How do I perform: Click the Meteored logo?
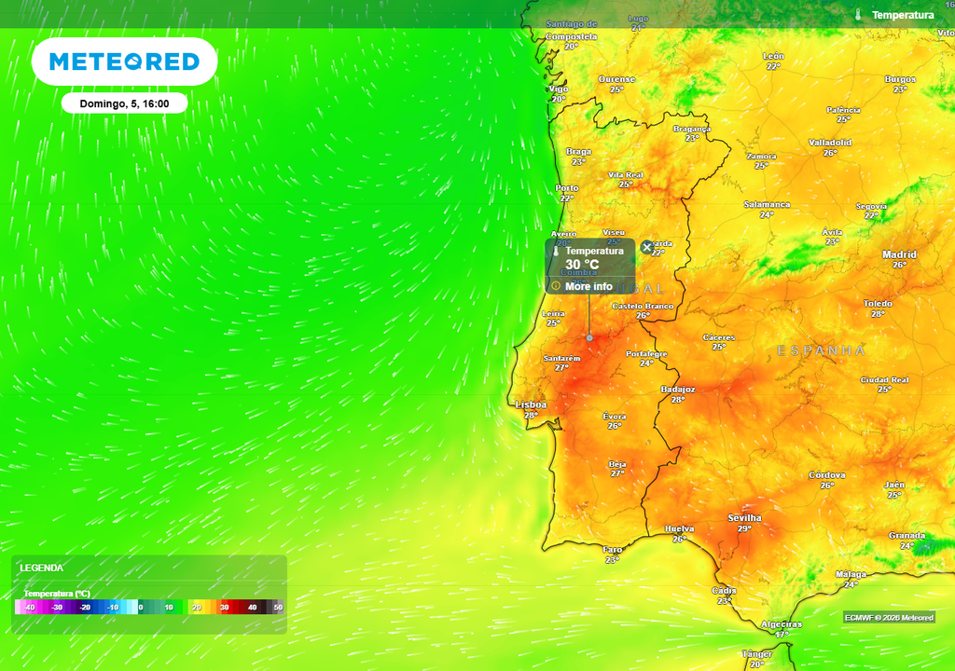(124, 62)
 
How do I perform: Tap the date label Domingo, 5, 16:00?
(124, 103)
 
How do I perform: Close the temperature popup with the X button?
(647, 247)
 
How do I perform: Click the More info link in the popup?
(588, 286)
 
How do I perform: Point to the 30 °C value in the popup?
(582, 265)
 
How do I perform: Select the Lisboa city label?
(531, 404)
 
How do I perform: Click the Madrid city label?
(899, 254)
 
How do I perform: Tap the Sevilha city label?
(744, 517)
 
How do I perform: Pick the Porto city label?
(567, 187)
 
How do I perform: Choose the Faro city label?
(613, 549)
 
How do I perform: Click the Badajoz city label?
(678, 389)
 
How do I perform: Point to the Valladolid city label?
(830, 143)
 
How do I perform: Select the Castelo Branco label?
(643, 306)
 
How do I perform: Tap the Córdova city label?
(826, 474)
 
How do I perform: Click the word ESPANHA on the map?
(822, 350)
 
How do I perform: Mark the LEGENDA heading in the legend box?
(42, 567)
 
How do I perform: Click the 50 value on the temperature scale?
(277, 608)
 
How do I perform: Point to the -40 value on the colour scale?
(30, 608)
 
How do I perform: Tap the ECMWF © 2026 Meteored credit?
(888, 617)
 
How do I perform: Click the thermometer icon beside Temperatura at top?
(857, 15)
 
